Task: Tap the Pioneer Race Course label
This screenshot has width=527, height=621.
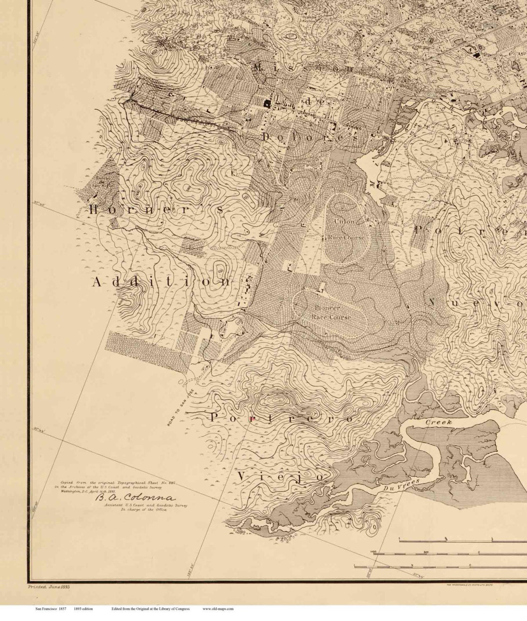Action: (331, 312)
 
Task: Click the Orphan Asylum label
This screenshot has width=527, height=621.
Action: (309, 18)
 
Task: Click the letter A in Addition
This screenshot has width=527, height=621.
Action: (97, 282)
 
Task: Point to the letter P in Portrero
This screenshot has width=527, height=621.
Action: (215, 417)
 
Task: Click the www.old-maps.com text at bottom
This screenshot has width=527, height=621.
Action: (218, 609)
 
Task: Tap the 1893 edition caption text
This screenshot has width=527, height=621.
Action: (83, 609)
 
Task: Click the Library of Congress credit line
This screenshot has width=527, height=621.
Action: (150, 609)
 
